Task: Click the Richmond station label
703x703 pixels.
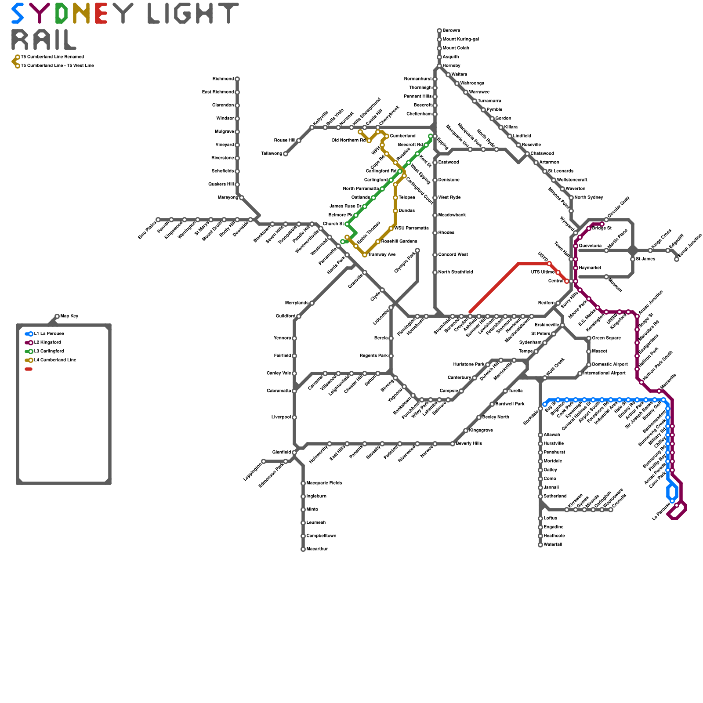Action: coord(223,79)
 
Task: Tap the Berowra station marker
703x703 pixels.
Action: coord(439,31)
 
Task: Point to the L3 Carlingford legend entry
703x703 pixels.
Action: coord(49,351)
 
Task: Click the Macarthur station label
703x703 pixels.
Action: coord(317,549)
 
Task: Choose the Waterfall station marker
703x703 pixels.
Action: coord(540,545)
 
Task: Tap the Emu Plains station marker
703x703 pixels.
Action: coord(158,220)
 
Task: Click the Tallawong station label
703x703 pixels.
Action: coord(272,154)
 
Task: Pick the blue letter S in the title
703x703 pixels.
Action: coord(18,13)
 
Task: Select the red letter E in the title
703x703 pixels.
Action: coord(101,13)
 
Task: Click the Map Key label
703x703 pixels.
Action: coord(69,316)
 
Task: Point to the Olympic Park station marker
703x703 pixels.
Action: coord(417,250)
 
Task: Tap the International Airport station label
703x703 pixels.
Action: coord(604,373)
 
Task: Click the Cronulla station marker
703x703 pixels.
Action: coord(611,510)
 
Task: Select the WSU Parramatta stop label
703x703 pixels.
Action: coord(411,228)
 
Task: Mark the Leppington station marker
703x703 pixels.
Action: coord(264,461)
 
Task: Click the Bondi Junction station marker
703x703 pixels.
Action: coord(677,259)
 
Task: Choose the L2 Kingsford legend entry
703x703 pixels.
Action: coord(47,343)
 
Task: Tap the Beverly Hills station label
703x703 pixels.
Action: coord(469,444)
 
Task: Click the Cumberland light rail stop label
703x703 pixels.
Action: coord(402,136)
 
